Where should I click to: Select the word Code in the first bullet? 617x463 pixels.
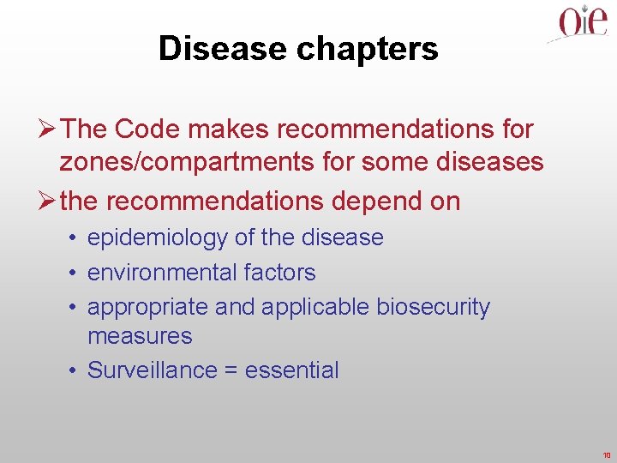coord(142,129)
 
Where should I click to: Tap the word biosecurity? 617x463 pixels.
coord(434,307)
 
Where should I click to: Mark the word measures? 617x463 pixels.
coord(140,336)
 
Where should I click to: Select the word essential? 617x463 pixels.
coord(292,370)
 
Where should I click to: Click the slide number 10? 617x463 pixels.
coord(606,454)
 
